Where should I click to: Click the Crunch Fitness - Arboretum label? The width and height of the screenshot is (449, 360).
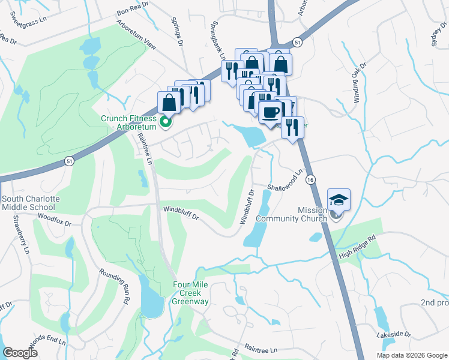[x=128, y=122]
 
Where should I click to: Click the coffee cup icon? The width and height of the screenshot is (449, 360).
[x=271, y=112]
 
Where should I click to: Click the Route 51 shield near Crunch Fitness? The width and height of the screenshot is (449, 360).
[x=69, y=161]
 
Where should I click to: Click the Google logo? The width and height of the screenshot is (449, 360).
[x=20, y=353]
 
